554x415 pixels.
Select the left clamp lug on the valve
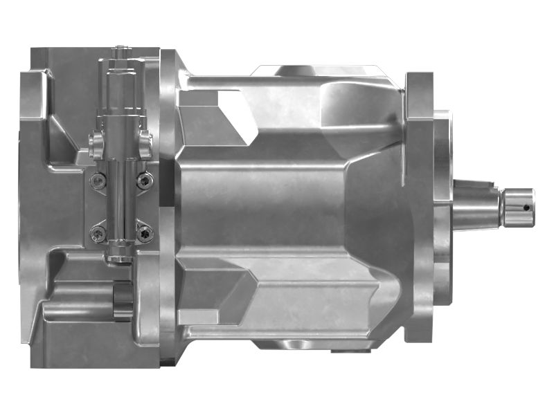[96, 143]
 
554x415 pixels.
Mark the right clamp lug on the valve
[146, 143]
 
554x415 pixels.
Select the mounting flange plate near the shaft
[419, 207]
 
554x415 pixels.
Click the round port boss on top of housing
[294, 70]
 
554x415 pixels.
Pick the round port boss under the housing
[291, 344]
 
